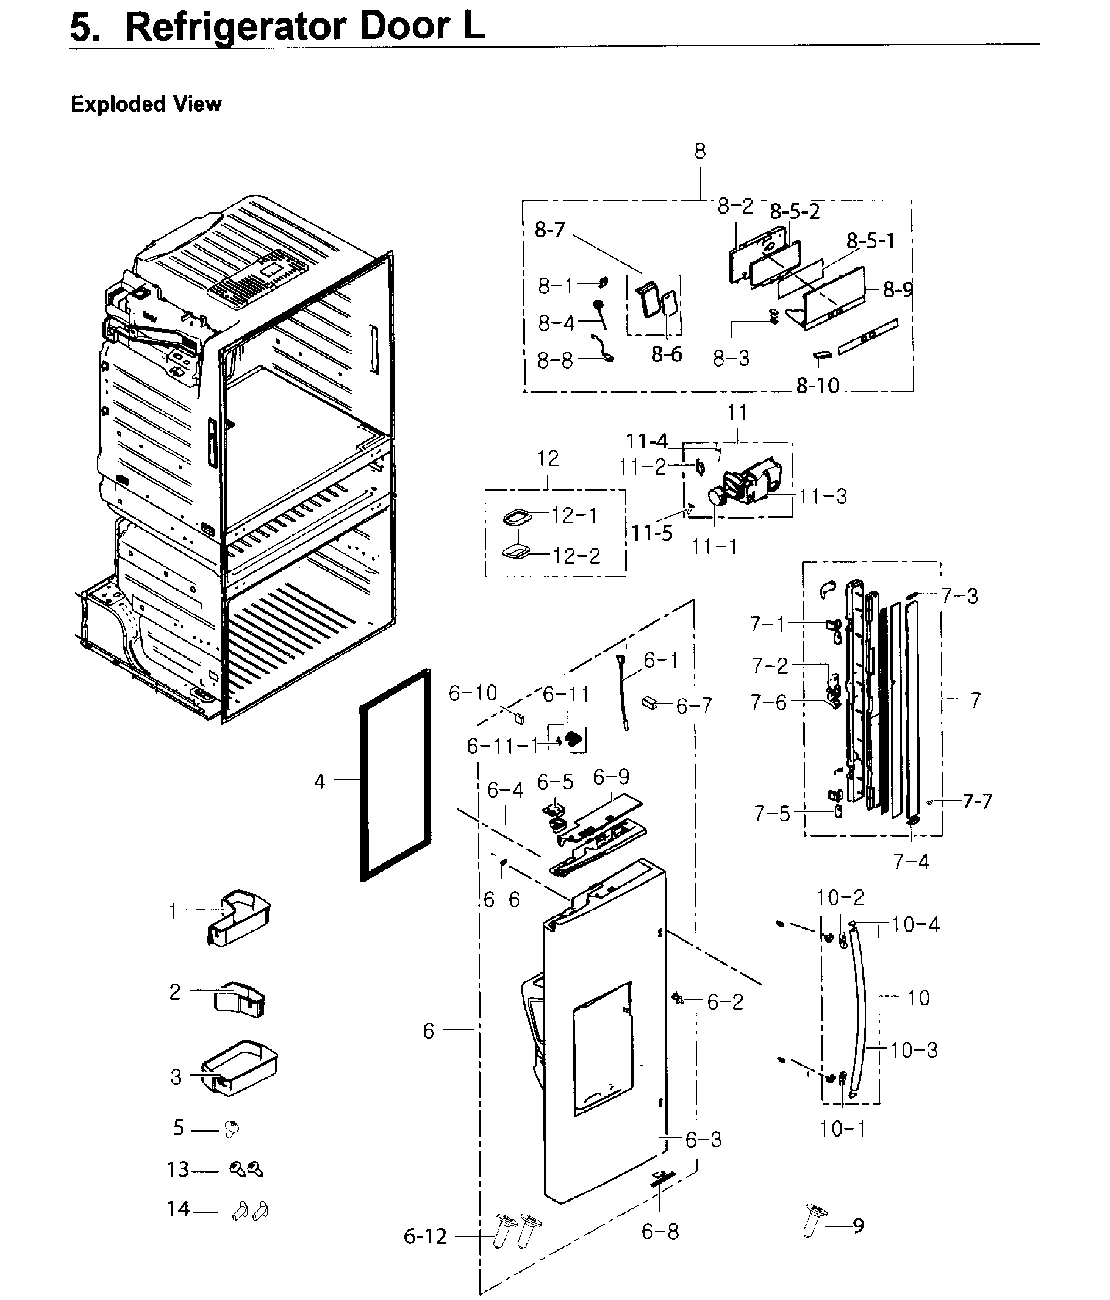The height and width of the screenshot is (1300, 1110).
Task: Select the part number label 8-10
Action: click(x=818, y=386)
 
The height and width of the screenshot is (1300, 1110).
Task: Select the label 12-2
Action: click(x=576, y=556)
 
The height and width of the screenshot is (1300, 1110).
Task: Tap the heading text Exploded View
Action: click(x=146, y=104)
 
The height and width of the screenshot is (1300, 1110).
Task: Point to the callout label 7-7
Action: click(x=978, y=801)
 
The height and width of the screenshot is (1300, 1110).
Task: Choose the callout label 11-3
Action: click(x=823, y=496)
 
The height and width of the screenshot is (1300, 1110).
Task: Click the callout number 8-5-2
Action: click(x=794, y=212)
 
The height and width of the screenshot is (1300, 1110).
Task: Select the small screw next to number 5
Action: click(x=231, y=1129)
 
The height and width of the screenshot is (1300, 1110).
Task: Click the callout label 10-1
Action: click(x=842, y=1129)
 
